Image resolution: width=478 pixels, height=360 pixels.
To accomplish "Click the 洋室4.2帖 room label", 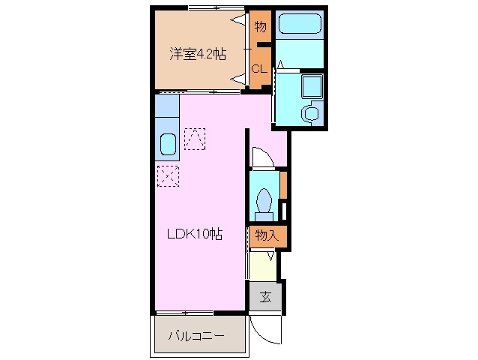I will [x=198, y=54].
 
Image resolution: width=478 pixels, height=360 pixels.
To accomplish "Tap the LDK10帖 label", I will [x=194, y=234].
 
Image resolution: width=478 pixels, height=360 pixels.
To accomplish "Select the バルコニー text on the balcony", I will [x=196, y=335].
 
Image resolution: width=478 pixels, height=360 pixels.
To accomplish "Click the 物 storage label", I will [x=260, y=28].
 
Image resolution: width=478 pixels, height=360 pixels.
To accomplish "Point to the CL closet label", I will [x=259, y=69].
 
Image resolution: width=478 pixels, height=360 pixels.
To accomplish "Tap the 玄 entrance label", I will [x=266, y=297].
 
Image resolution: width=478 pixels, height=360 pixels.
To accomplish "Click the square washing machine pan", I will [x=310, y=88].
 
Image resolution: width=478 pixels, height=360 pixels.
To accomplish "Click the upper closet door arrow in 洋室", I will [x=240, y=20].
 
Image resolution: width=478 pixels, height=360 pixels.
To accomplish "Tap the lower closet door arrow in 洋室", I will [x=240, y=77].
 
